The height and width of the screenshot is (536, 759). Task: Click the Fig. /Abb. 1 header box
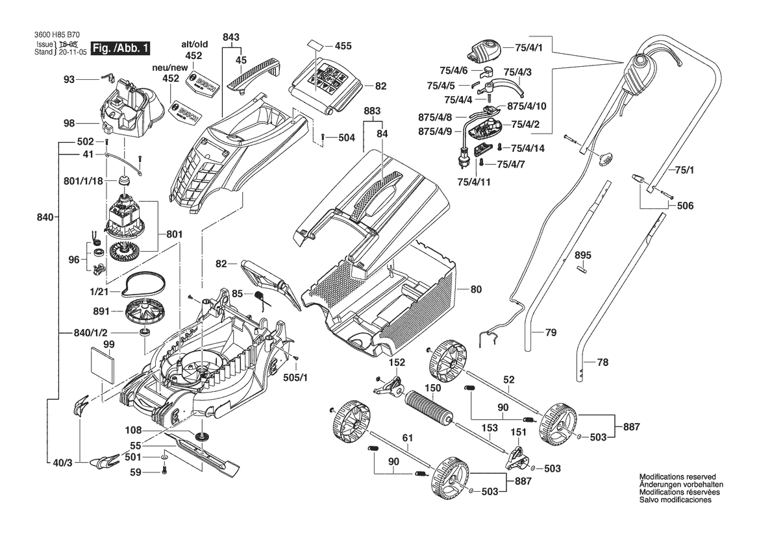121,49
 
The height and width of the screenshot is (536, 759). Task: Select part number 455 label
343,46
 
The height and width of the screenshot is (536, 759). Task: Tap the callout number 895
583,256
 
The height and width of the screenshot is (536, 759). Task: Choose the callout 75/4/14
527,149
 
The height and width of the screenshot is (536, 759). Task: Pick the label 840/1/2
91,334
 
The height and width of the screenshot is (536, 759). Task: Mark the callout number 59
134,472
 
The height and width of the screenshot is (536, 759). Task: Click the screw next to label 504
323,137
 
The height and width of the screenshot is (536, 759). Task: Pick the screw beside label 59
164,471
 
